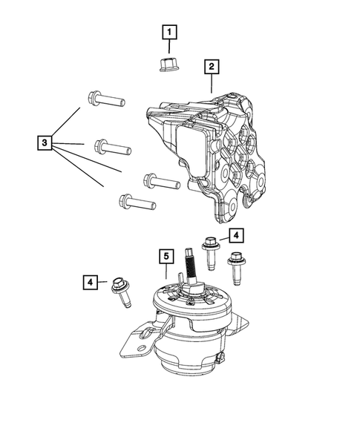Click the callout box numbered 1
click(170, 32)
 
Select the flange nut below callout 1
click(169, 65)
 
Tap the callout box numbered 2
click(212, 68)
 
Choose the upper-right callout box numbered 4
click(235, 236)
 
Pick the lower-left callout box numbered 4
click(90, 283)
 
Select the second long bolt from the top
click(113, 147)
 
